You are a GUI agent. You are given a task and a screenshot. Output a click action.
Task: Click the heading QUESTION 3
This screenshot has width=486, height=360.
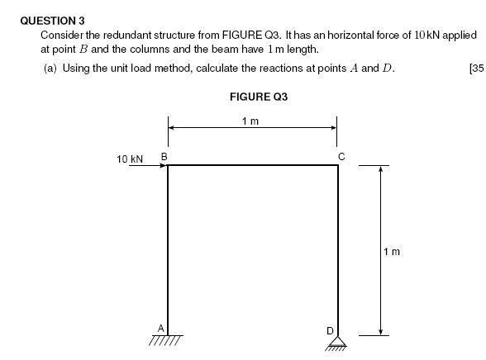[52, 21]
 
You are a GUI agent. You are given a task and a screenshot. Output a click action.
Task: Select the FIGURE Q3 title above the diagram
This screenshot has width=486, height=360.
[259, 97]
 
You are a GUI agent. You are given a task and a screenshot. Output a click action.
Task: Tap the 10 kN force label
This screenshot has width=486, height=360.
[130, 159]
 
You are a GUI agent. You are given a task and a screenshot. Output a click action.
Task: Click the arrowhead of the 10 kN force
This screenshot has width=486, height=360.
[164, 165]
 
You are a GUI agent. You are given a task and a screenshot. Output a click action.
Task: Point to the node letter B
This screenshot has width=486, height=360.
[164, 157]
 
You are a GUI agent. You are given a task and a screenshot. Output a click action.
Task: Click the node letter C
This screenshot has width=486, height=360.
[341, 157]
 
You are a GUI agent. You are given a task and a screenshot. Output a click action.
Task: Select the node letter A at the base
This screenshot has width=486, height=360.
[160, 328]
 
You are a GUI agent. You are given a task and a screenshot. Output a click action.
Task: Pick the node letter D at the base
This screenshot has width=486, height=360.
[330, 331]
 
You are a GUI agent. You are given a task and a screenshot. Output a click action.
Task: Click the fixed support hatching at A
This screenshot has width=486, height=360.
[166, 340]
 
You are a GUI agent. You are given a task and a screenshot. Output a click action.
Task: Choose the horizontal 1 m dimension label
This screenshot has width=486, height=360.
[250, 121]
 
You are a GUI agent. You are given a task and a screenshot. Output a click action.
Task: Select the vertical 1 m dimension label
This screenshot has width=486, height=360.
[392, 252]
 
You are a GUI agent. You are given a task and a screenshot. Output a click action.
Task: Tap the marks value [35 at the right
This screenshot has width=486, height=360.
[477, 68]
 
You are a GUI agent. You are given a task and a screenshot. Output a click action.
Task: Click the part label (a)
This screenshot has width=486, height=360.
[50, 68]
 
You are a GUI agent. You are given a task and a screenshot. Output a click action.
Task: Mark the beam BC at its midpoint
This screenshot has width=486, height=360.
[253, 165]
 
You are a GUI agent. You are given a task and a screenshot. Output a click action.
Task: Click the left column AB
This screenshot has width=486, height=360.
[168, 250]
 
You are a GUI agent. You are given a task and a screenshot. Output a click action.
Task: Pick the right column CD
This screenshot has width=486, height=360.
[338, 250]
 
